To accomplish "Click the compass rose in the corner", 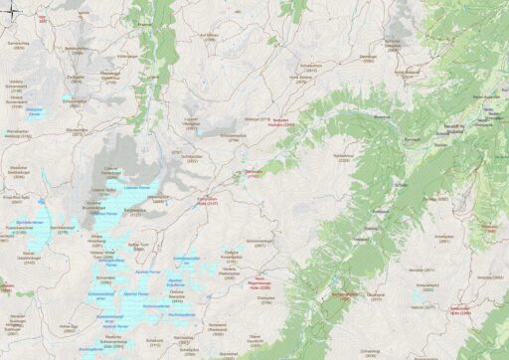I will point(10,10).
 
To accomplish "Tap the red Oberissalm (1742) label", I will point(254,173).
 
